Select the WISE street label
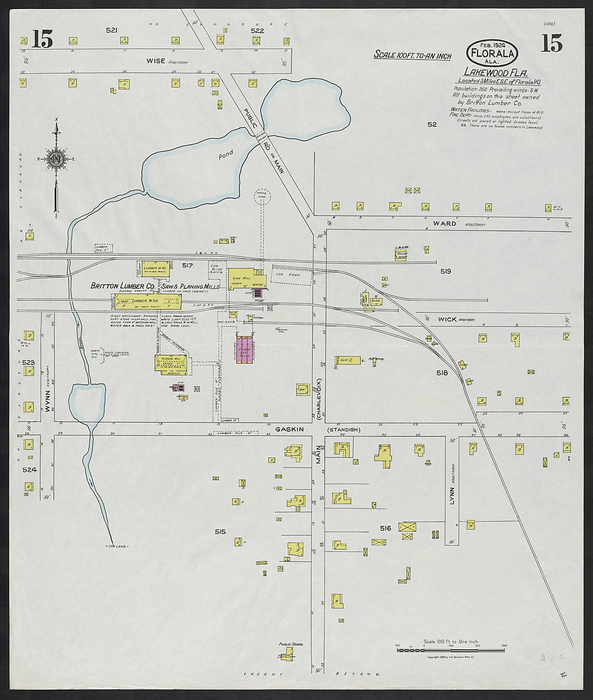(156, 61)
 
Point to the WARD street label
(444, 223)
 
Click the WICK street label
(447, 319)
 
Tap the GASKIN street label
(289, 429)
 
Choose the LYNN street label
(452, 498)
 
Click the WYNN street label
(47, 401)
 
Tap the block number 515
(220, 531)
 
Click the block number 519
(445, 271)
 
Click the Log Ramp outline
(292, 275)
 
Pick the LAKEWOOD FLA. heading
(495, 72)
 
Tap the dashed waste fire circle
(263, 197)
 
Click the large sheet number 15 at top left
(42, 39)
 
